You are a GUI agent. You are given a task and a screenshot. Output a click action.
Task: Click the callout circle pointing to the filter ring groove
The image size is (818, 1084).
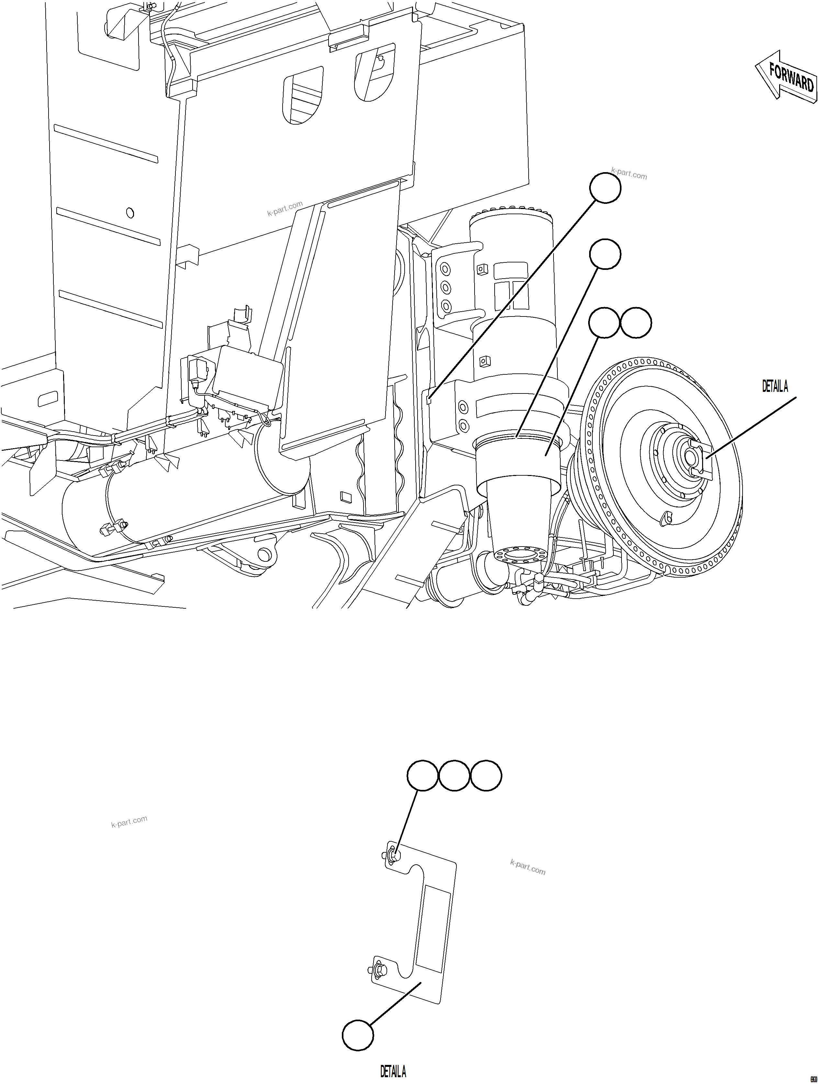(x=605, y=254)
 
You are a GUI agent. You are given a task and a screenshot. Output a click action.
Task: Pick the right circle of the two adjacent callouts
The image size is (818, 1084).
(x=636, y=323)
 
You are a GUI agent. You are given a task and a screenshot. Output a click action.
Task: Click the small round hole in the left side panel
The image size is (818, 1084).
(x=130, y=213)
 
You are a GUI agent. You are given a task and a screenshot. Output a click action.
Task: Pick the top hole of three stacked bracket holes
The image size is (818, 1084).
(x=445, y=269)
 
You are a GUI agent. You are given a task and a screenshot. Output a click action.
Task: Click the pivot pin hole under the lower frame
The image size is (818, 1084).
(x=264, y=554)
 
